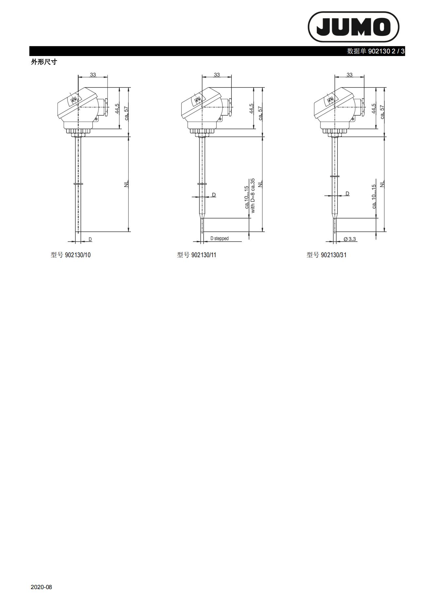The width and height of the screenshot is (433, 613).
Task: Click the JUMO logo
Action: coord(353,27)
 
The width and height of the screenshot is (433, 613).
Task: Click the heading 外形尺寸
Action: coord(44,62)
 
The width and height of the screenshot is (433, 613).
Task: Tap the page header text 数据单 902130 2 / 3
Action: coord(376,51)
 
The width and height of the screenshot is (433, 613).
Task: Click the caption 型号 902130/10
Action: coord(70,255)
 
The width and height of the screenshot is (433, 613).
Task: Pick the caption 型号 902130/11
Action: coord(196,255)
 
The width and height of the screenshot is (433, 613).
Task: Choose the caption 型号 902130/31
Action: coord(326,255)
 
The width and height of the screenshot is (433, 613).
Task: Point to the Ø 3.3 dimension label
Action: coord(350,239)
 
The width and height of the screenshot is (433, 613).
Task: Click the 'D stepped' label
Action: coord(219,239)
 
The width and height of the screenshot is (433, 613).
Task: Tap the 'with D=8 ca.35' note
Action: coord(252,196)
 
